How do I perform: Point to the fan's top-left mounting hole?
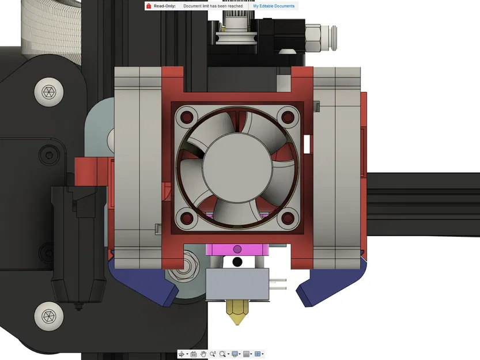[187, 118]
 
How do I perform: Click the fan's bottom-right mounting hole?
[286, 218]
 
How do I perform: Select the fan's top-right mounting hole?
[286, 118]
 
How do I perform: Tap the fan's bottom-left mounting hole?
[187, 218]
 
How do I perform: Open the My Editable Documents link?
[274, 6]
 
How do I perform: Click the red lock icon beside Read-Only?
[149, 6]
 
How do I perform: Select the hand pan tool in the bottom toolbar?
[203, 354]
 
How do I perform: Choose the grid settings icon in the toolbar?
[247, 354]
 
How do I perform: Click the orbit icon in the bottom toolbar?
[182, 354]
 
